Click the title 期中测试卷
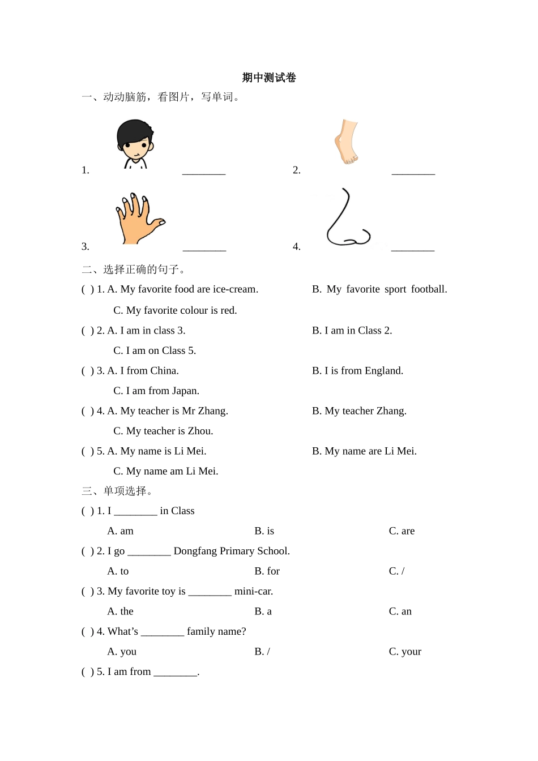[x=269, y=78]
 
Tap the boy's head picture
[x=135, y=144]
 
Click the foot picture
[x=347, y=142]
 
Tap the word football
[x=429, y=289]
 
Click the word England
[x=384, y=371]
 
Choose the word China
[x=164, y=371]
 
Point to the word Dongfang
[x=196, y=551]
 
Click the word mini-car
[x=253, y=591]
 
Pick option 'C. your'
[x=405, y=652]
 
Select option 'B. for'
[x=267, y=571]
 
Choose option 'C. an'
[x=400, y=612]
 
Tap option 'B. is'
[x=264, y=531]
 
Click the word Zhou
[x=200, y=431]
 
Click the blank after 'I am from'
[x=175, y=672]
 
